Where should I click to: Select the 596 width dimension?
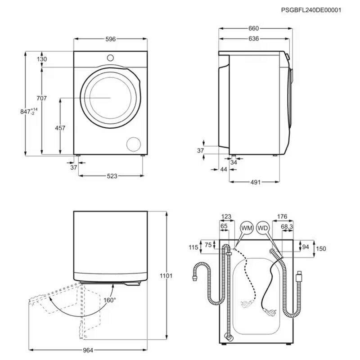pyautogui.click(x=111, y=39)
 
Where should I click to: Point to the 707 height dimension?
pyautogui.click(x=41, y=98)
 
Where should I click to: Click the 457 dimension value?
pyautogui.click(x=60, y=128)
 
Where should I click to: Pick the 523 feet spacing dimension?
pyautogui.click(x=112, y=176)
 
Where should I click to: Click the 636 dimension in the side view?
pyautogui.click(x=253, y=39)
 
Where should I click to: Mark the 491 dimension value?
pyautogui.click(x=256, y=182)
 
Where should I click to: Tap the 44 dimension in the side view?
pyautogui.click(x=224, y=169)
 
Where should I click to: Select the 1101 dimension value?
pyautogui.click(x=166, y=275)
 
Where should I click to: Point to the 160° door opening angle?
pyautogui.click(x=109, y=300)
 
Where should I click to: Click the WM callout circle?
pyautogui.click(x=247, y=229)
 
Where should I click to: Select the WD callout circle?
pyautogui.click(x=263, y=229)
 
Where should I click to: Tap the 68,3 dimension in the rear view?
pyautogui.click(x=287, y=226)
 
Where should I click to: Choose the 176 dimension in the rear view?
pyautogui.click(x=282, y=217)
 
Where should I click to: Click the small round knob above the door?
pyautogui.click(x=111, y=58)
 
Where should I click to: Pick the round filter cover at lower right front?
pyautogui.click(x=134, y=144)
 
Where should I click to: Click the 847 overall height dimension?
pyautogui.click(x=27, y=112)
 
